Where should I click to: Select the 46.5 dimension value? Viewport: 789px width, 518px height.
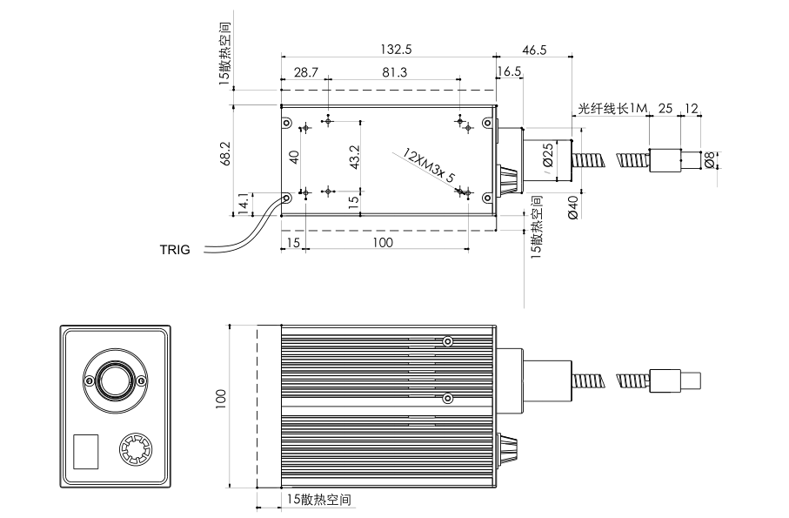pyautogui.click(x=532, y=50)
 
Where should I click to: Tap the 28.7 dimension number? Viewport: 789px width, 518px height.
pyautogui.click(x=304, y=72)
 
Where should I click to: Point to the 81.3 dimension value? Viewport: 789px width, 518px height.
pyautogui.click(x=393, y=72)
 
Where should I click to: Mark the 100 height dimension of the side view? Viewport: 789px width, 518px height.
pyautogui.click(x=221, y=398)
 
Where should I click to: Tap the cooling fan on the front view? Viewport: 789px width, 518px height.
pyautogui.click(x=136, y=451)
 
